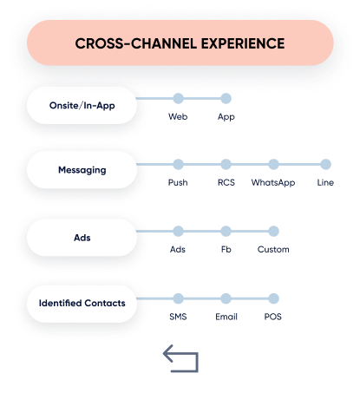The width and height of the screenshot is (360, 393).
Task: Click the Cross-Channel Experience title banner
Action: tap(180, 43)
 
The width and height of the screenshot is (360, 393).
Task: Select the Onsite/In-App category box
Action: tap(82, 106)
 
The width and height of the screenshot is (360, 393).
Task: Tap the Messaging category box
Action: tap(82, 170)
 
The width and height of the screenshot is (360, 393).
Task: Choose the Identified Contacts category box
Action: tap(82, 304)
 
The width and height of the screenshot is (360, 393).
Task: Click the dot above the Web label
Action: tap(178, 98)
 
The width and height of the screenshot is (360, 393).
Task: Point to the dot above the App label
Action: tap(226, 98)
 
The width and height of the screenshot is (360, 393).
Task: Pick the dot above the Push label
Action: tap(178, 164)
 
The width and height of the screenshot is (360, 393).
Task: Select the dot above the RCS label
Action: tap(226, 164)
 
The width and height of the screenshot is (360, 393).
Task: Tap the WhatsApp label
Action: tap(273, 183)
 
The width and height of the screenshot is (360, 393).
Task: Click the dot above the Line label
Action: tap(325, 164)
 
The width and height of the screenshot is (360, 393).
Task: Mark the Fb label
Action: tap(226, 249)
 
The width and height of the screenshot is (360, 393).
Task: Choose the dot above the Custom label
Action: tap(273, 231)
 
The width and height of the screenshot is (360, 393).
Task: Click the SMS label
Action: tap(178, 317)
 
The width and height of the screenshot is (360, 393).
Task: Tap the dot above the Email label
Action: tap(226, 298)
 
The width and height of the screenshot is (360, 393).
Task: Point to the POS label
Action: tap(272, 317)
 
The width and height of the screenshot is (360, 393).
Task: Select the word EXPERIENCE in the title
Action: tap(243, 43)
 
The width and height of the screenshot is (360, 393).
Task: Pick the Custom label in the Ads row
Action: tap(273, 249)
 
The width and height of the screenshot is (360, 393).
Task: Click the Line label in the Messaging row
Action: tap(325, 182)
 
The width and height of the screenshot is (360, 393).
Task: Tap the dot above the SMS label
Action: tap(178, 298)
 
